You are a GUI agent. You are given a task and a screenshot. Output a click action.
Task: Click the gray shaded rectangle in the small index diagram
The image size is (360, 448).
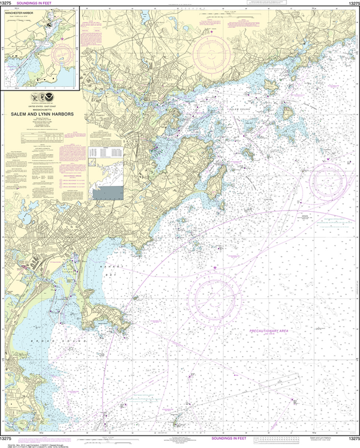(109, 193)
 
